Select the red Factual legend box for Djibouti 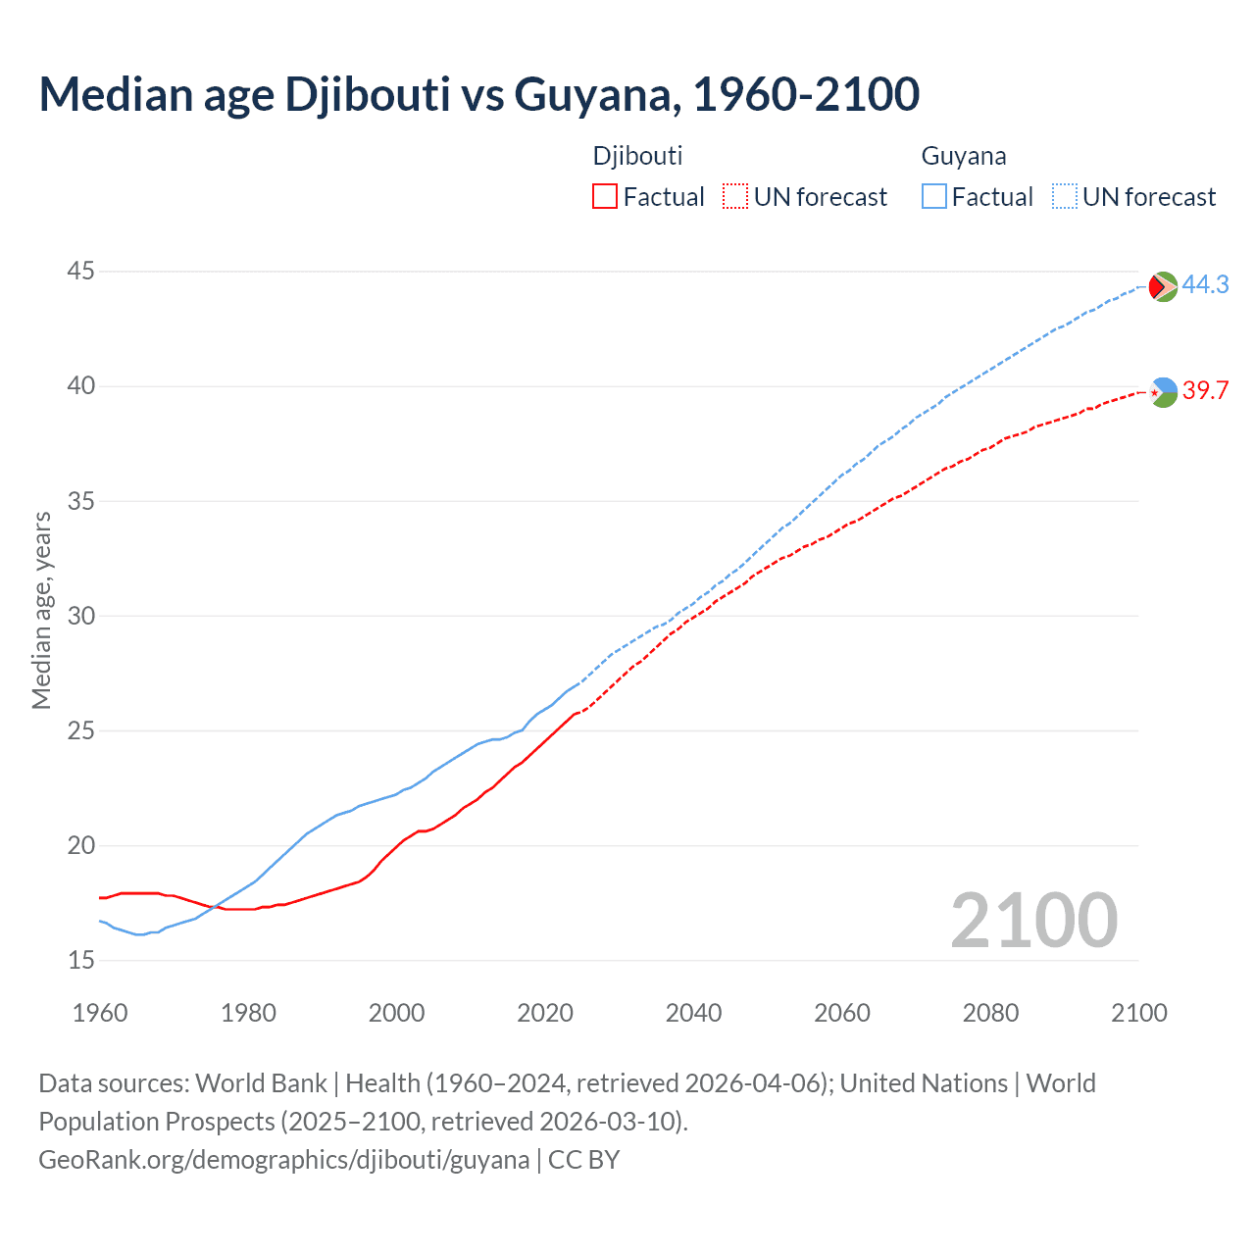[x=605, y=197]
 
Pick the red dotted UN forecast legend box [x=735, y=197]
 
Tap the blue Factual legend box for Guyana [x=934, y=197]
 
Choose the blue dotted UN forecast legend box [x=1064, y=197]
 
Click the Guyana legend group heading [x=963, y=156]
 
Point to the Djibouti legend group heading [x=637, y=156]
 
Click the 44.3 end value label [x=1205, y=284]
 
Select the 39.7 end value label [x=1205, y=390]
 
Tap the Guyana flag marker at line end [x=1163, y=287]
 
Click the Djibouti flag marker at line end [x=1163, y=392]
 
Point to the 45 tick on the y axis [x=81, y=271]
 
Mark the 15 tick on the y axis [x=81, y=960]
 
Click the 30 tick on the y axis [x=81, y=616]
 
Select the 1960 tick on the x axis [x=100, y=1013]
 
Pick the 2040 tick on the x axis [x=693, y=1013]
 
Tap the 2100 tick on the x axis [x=1138, y=1013]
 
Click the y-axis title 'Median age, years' [x=41, y=610]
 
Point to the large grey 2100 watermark [x=1033, y=920]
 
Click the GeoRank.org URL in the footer [x=283, y=1160]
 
